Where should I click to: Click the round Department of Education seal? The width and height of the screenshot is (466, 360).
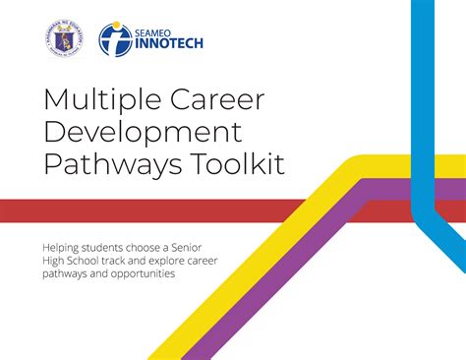click(65, 39)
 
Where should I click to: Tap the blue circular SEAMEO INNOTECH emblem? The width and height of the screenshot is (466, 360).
click(116, 39)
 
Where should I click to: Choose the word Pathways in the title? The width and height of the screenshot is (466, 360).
click(102, 164)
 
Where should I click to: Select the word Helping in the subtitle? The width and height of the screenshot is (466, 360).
click(60, 246)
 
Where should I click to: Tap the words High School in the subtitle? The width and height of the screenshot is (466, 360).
click(74, 260)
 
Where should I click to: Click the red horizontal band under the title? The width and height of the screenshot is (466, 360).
click(147, 210)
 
